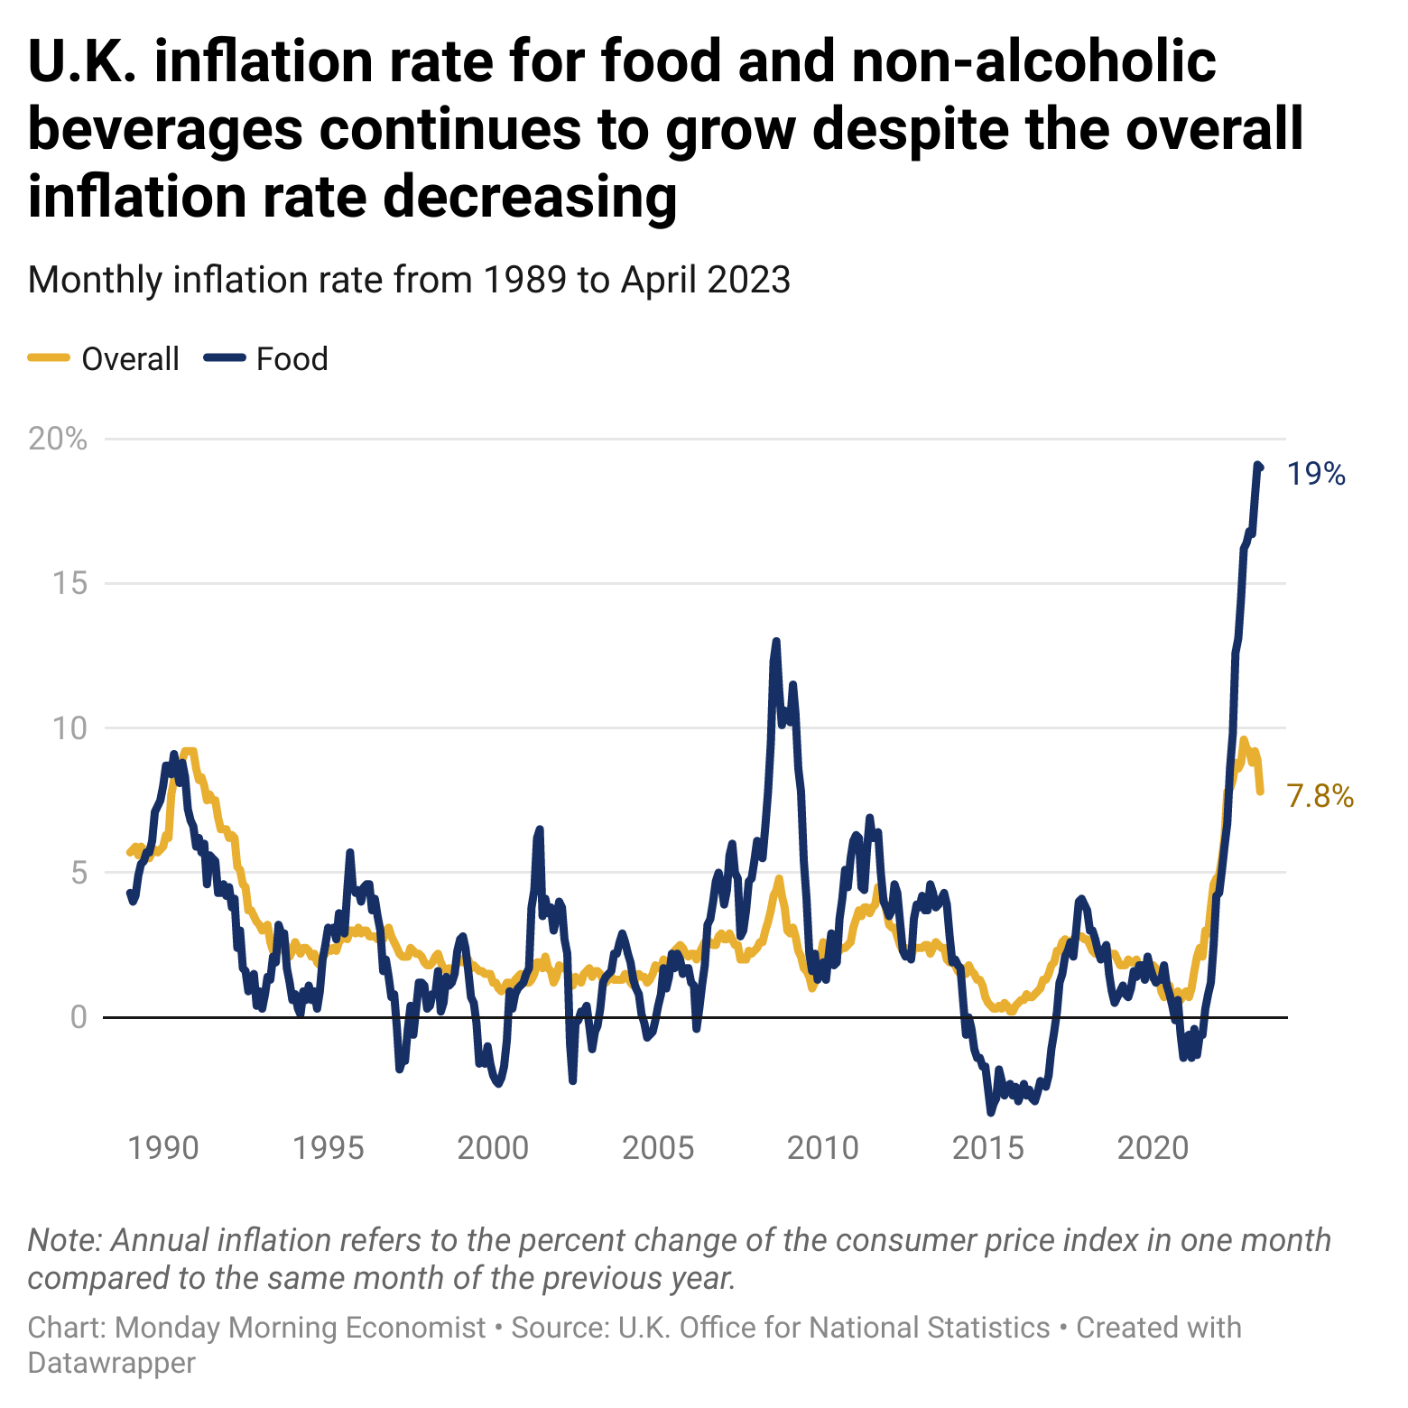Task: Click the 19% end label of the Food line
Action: click(x=1315, y=474)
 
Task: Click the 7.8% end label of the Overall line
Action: click(x=1320, y=796)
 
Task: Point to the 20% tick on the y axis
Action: click(x=58, y=440)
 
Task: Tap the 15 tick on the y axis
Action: click(x=69, y=583)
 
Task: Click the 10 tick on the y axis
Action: click(x=69, y=727)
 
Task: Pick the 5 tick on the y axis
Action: click(x=78, y=873)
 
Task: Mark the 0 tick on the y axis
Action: click(x=78, y=1017)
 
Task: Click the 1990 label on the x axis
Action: click(x=163, y=1148)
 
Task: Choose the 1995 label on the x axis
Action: click(x=329, y=1148)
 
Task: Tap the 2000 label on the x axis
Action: click(x=493, y=1148)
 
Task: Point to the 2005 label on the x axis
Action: click(x=658, y=1148)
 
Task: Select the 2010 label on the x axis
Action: click(x=823, y=1148)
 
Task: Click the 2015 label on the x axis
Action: click(x=988, y=1148)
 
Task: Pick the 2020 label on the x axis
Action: click(x=1153, y=1148)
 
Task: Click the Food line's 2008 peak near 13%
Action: click(x=775, y=642)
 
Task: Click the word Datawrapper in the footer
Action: click(x=111, y=1362)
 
